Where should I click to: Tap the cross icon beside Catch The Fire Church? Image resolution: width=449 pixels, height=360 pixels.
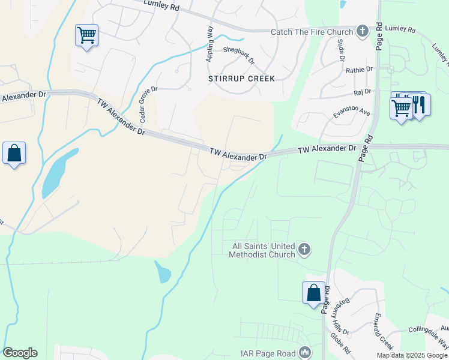pyautogui.click(x=362, y=31)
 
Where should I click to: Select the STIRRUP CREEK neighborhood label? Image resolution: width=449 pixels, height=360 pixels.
pyautogui.click(x=241, y=79)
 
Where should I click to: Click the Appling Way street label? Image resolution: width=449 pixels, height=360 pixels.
pyautogui.click(x=210, y=43)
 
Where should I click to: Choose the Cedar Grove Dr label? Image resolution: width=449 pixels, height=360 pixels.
pyautogui.click(x=148, y=104)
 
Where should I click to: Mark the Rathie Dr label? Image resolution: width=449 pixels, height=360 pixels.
pyautogui.click(x=359, y=70)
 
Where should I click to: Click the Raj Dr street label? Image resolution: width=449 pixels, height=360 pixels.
pyautogui.click(x=363, y=92)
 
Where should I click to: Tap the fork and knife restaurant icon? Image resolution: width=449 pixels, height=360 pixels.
pyautogui.click(x=418, y=106)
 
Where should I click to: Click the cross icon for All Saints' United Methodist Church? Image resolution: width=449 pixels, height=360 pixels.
pyautogui.click(x=305, y=249)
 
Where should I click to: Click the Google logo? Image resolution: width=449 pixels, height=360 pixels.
pyautogui.click(x=20, y=353)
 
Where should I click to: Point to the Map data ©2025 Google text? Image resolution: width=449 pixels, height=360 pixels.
pyautogui.click(x=412, y=355)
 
